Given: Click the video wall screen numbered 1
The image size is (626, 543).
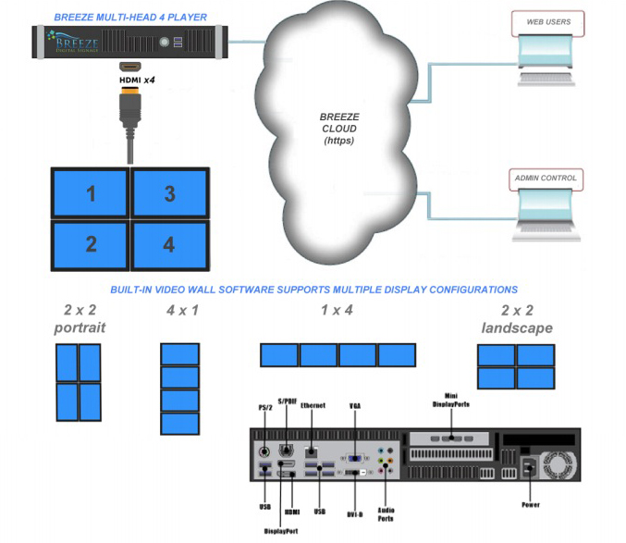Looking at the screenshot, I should [x=91, y=193].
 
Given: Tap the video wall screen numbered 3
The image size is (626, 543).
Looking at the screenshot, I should [x=169, y=193].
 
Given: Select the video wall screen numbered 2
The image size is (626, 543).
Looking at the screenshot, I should [x=91, y=244].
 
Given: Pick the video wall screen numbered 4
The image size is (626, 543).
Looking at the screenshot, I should [x=169, y=244].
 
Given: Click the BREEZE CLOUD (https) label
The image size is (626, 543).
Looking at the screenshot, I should [x=339, y=129].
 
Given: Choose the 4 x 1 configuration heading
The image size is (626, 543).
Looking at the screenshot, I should [x=181, y=311].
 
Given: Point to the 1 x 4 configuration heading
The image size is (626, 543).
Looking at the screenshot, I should [x=338, y=311].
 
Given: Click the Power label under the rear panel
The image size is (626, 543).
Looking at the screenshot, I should [x=529, y=504].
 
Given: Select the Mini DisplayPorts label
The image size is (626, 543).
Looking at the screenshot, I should [x=450, y=401].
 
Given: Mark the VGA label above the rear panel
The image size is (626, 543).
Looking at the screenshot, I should [x=353, y=405].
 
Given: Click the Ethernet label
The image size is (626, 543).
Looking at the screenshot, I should [x=313, y=405].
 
